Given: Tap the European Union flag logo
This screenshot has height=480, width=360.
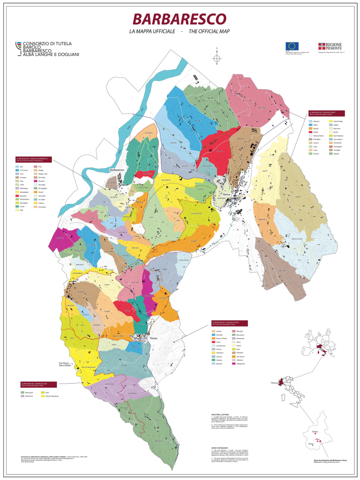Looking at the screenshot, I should click(x=292, y=46).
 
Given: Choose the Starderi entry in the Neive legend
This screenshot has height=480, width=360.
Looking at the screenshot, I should click(x=339, y=156).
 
